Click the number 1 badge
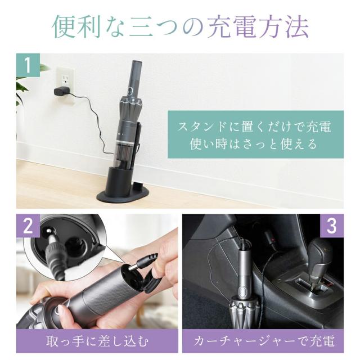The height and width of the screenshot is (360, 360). point(28,65)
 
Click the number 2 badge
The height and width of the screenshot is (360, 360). point(28,226)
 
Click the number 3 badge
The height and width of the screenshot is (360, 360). point(332,226)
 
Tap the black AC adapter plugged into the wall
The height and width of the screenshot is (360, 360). point(61,91)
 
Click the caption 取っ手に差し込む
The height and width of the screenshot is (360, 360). point(97,341)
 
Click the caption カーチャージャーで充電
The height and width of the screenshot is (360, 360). point(263,341)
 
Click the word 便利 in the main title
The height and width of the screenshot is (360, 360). point(76,27)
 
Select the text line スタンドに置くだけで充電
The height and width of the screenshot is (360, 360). point(254,126)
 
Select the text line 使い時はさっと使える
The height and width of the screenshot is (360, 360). point(254,144)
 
